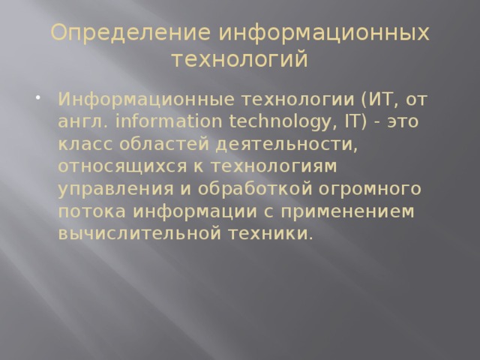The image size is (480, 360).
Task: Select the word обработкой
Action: coord(239,188)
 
